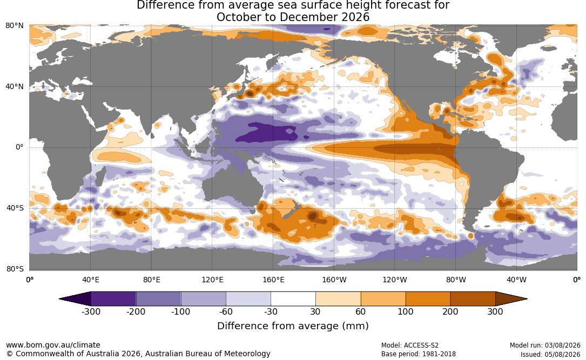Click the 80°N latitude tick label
click(x=15, y=26)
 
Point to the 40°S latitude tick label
click(x=15, y=208)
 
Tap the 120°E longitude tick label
click(x=212, y=280)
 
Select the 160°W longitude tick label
click(x=334, y=280)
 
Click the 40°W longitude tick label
click(x=516, y=280)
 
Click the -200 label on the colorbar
click(x=136, y=311)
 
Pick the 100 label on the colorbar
click(x=406, y=311)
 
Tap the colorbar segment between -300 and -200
click(x=113, y=299)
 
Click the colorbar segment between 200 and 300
click(x=473, y=299)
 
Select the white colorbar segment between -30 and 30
click(x=293, y=299)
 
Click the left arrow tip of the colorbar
click(x=59, y=299)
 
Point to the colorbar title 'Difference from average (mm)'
click(x=293, y=325)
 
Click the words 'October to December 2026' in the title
click(x=293, y=17)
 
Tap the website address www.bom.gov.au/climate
click(x=53, y=345)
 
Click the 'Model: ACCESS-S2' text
click(x=410, y=345)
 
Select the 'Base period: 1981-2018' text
click(x=419, y=354)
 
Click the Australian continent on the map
click(x=232, y=185)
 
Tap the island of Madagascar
click(x=100, y=176)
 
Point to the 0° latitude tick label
click(x=19, y=147)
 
